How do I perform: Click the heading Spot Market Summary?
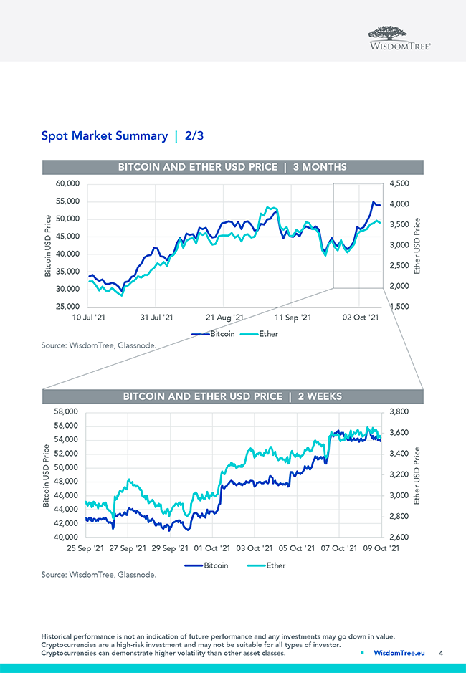coord(104,135)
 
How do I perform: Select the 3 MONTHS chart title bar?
coord(232,167)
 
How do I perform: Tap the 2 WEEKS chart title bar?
coord(232,396)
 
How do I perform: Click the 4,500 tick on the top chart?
coord(399,183)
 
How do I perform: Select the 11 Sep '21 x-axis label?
coord(294,317)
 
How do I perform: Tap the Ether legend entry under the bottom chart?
coord(275,565)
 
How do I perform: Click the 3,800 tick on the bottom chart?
coord(399,412)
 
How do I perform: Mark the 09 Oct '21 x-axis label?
coord(380,548)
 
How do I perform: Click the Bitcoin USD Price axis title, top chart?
coord(48,245)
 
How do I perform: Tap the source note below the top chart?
coord(98,345)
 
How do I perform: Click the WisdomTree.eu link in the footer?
coord(399,653)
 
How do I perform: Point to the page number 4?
coord(441,653)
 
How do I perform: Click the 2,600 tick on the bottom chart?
coord(399,537)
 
